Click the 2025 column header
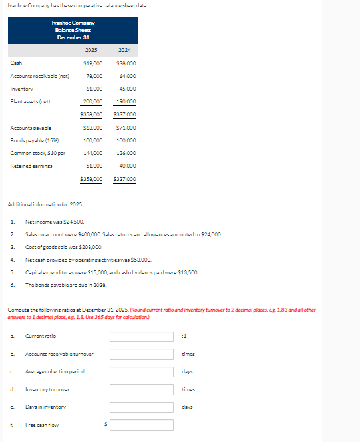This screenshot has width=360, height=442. (92, 50)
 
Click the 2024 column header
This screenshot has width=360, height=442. (124, 50)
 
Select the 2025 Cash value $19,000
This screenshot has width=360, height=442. (92, 63)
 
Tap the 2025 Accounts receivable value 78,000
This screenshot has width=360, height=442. (94, 76)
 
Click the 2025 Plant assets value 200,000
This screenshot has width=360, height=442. (92, 101)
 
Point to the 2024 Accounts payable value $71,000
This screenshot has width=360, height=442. (126, 128)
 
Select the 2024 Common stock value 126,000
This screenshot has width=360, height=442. (126, 153)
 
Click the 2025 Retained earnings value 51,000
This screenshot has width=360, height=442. (94, 166)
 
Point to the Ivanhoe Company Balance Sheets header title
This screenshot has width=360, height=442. (73, 30)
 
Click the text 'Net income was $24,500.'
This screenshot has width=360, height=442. (55, 222)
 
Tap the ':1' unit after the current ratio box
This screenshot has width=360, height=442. (184, 336)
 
